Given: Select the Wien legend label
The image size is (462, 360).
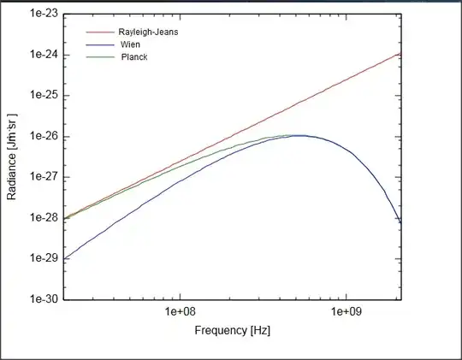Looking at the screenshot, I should (132, 44).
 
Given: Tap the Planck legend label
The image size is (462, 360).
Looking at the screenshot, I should (135, 56).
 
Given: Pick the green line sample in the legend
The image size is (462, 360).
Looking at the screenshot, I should (99, 56).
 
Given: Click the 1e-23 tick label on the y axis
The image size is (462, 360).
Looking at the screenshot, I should (43, 15).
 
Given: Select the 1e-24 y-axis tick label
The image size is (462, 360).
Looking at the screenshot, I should (43, 55).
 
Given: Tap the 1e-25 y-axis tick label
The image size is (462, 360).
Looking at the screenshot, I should (43, 96).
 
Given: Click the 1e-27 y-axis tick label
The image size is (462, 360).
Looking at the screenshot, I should (43, 177).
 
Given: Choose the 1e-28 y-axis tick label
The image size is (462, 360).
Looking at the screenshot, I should (43, 218).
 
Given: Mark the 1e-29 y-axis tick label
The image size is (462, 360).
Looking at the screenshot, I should (43, 258).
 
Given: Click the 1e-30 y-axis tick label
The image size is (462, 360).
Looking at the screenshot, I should (43, 299).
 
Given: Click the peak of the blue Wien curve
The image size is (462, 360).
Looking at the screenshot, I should (299, 135).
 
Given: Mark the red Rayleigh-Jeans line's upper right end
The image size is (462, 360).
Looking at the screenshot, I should (400, 52).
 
